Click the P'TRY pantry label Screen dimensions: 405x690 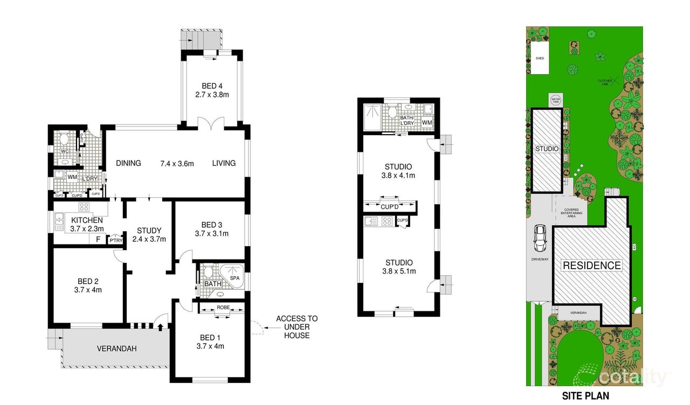[115, 241]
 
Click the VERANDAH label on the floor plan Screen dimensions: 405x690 [116, 348]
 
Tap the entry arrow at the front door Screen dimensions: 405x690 [160, 325]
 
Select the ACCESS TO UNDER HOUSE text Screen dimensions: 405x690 [296, 327]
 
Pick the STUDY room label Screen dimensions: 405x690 [149, 231]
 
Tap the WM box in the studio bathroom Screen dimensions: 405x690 [427, 123]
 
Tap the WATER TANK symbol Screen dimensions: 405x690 [556, 101]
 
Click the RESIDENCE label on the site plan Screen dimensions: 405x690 [591, 265]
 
